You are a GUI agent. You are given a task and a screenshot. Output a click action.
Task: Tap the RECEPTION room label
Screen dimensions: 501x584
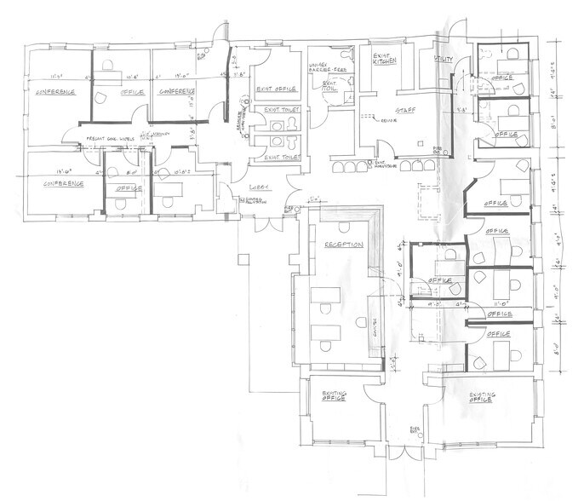343,245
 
